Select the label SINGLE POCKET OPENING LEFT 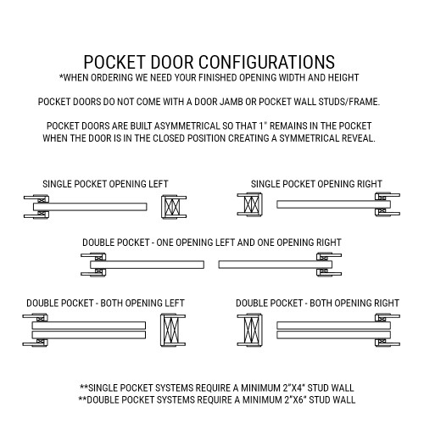(x=106, y=183)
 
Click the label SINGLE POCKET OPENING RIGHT (x=316, y=183)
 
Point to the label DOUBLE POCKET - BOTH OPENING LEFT (x=105, y=302)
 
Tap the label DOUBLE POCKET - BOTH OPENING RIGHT (x=317, y=302)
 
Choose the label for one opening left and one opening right (x=212, y=243)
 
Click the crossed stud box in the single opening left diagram (x=171, y=206)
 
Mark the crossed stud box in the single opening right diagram (x=252, y=205)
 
